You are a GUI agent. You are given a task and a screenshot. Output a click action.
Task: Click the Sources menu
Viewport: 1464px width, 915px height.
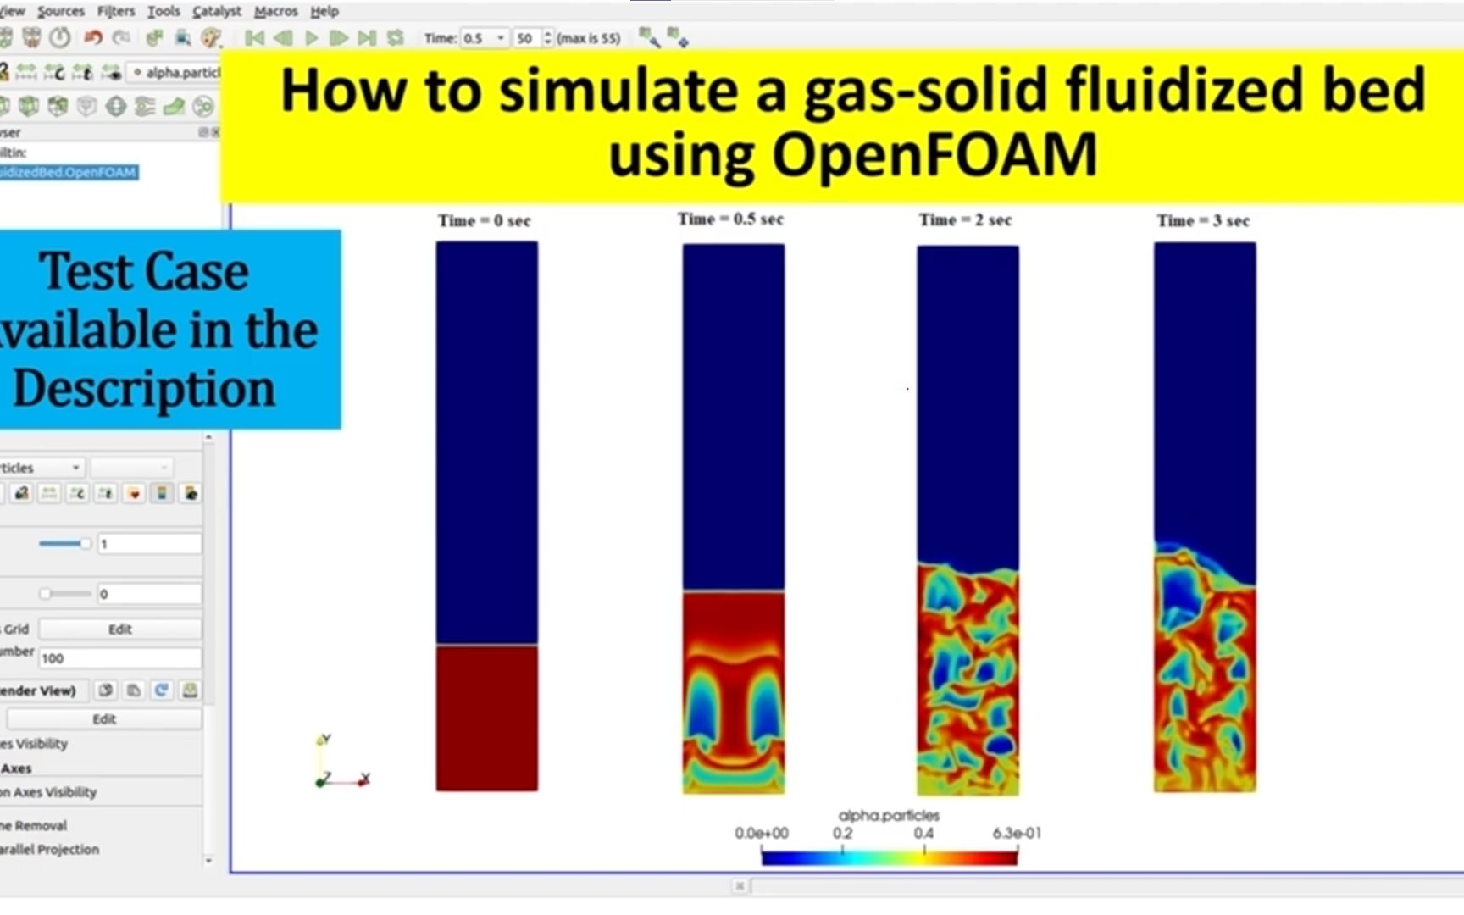(x=60, y=11)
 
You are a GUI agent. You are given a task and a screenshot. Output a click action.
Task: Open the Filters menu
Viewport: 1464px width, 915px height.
(x=116, y=11)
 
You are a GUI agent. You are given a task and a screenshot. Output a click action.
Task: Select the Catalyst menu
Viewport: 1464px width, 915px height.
(x=217, y=11)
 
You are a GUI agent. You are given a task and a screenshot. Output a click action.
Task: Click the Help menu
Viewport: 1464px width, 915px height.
(x=324, y=11)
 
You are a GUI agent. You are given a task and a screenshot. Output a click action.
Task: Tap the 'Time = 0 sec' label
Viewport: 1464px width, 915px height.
(x=484, y=221)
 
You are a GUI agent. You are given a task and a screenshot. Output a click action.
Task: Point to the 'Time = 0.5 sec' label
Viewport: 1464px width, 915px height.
(x=730, y=219)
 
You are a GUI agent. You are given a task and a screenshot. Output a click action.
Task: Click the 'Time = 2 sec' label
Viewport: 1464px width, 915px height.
(x=965, y=220)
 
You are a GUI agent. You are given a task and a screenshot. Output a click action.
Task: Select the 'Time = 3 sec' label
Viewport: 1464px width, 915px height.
(x=1203, y=221)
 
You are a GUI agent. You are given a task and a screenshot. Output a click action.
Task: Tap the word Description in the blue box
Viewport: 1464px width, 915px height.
(x=144, y=389)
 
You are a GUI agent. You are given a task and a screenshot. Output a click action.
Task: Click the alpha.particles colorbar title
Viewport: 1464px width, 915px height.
(x=889, y=815)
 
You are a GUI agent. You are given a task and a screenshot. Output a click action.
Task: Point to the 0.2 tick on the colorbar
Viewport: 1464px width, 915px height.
(x=842, y=834)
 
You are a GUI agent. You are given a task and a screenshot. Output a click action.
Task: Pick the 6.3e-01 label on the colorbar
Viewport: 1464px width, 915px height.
(x=1017, y=834)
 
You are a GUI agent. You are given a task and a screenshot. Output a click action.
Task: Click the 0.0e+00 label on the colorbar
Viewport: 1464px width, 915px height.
(x=761, y=834)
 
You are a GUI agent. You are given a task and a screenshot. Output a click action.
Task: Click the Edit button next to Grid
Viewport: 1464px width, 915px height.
(x=119, y=629)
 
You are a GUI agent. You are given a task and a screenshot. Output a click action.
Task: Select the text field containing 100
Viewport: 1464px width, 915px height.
(x=119, y=658)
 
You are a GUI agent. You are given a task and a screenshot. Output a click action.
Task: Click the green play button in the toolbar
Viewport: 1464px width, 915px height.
(x=312, y=38)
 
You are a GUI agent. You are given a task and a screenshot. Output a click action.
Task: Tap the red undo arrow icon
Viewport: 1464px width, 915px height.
(x=93, y=38)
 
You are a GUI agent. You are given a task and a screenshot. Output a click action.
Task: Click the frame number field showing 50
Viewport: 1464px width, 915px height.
(x=526, y=38)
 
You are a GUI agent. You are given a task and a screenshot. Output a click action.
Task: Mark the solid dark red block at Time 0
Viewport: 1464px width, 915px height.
(x=486, y=718)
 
